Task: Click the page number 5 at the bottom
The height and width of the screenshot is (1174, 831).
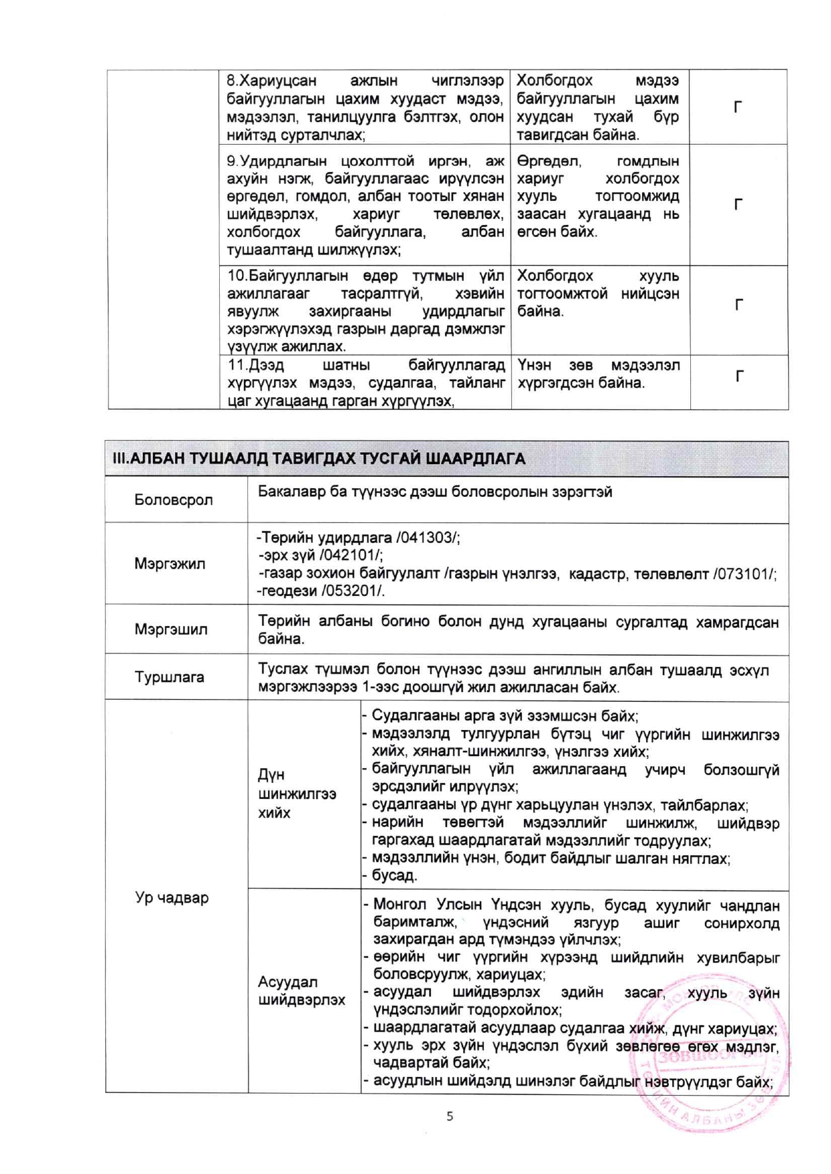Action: click(x=450, y=1116)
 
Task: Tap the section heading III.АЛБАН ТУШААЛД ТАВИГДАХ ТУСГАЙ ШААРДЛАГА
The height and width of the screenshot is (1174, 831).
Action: click(x=318, y=459)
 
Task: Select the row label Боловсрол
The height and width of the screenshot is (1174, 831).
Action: click(x=174, y=500)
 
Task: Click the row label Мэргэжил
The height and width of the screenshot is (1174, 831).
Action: click(x=170, y=563)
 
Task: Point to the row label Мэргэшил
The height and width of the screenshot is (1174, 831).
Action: click(x=171, y=630)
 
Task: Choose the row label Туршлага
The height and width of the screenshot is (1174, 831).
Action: click(x=170, y=677)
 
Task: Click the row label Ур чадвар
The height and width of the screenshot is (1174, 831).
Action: click(x=172, y=897)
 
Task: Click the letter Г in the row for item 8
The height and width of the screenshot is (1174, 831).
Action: click(x=738, y=107)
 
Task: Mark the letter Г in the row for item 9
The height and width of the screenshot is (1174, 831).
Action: click(x=738, y=204)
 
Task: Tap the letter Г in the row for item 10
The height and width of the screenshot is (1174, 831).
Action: click(x=739, y=305)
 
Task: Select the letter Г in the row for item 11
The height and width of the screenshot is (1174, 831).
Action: click(x=739, y=376)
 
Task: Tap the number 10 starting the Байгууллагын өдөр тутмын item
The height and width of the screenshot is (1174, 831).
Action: click(x=237, y=276)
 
